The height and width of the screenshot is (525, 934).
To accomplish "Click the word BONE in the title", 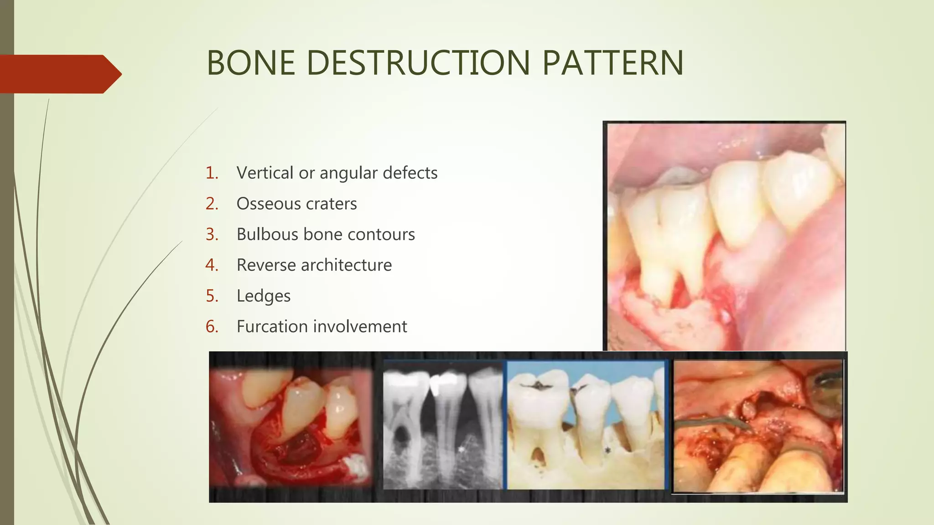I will coord(250,63).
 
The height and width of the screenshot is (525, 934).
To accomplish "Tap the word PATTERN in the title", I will coord(612,63).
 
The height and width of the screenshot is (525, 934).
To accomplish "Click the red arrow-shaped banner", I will coord(59,74).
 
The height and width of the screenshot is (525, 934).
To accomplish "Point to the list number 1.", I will coord(212,173).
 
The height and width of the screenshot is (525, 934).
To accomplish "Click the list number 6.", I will coord(212,327).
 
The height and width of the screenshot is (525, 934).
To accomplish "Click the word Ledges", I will coord(263,296).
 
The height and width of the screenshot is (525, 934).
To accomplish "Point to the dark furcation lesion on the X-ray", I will coord(401,435).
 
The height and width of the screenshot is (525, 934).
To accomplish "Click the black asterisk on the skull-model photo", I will coord(608,450).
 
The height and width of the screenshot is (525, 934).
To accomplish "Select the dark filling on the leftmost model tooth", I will coord(539,386).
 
